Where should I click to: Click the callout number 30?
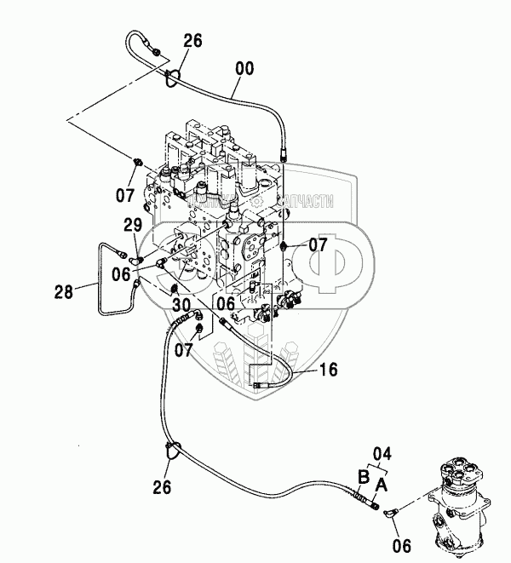181,304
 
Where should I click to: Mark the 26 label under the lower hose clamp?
162,486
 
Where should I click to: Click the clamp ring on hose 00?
174,78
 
